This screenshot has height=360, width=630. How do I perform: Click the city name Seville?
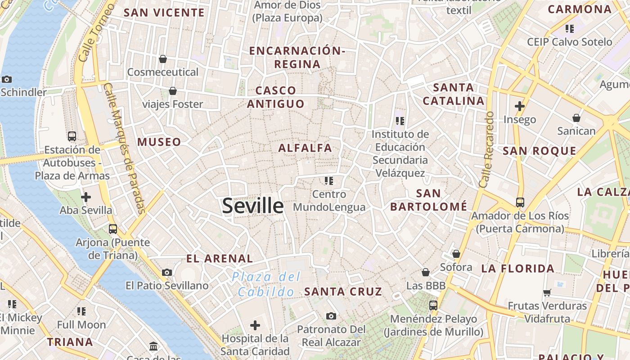coord(253,206)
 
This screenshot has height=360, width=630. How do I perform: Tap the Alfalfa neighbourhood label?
coord(305,148)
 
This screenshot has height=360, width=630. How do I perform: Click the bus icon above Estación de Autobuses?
coord(72,136)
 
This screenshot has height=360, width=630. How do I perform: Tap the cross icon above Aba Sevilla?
coord(86,197)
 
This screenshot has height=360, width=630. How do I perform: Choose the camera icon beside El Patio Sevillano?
coord(167,272)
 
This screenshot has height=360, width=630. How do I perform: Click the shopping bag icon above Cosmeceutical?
coord(163,59)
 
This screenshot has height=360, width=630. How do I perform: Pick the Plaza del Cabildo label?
coord(266,284)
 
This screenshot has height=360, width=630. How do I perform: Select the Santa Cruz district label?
coord(343,292)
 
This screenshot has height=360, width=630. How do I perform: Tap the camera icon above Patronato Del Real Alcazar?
coord(331,316)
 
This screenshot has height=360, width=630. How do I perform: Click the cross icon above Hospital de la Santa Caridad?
coord(255,325)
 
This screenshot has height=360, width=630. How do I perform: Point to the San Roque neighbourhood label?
coord(539,151)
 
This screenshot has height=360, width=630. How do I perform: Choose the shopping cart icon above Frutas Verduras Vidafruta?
coord(547,292)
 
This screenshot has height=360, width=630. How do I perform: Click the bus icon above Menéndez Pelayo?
coord(433,305)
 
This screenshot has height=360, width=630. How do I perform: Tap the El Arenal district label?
coord(220,258)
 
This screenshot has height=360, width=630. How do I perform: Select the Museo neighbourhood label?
coord(159,142)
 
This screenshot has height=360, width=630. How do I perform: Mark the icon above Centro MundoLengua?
coord(329,181)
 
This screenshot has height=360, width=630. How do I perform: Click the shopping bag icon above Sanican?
coord(576,118)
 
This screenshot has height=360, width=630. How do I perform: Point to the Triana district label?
coord(70,342)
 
